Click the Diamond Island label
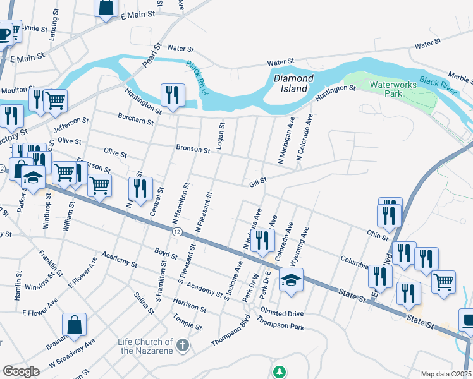pyautogui.click(x=293, y=83)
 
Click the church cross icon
pyautogui.click(x=182, y=345)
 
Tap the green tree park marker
pyautogui.click(x=279, y=371)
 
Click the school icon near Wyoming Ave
pyautogui.click(x=291, y=280)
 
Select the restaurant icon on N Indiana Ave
pyautogui.click(x=263, y=240)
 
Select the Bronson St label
pyautogui.click(x=192, y=150)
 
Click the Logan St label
pyautogui.click(x=220, y=136)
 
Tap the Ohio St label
pyautogui.click(x=377, y=235)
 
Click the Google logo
pyautogui.click(x=21, y=371)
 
